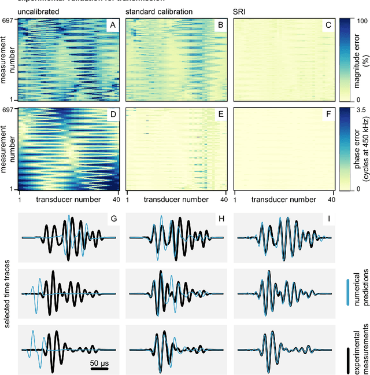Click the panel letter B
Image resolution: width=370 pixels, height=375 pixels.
pyautogui.click(x=220, y=26)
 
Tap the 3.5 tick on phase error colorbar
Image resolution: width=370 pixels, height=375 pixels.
pyautogui.click(x=358, y=110)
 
